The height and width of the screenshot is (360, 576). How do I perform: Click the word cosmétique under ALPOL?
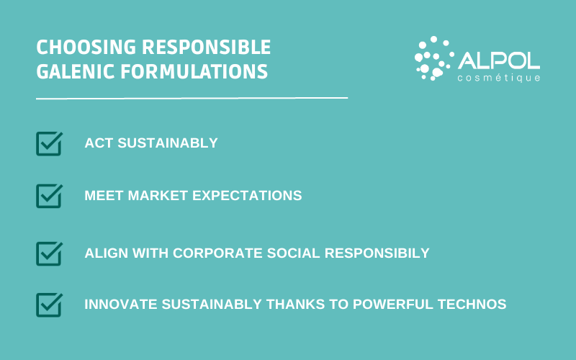[x=500, y=77]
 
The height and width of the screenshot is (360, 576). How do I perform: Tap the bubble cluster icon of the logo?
[x=433, y=57]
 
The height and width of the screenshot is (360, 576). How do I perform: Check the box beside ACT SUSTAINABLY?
[x=49, y=143]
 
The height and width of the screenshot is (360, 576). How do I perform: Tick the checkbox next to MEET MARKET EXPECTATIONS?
[x=49, y=195]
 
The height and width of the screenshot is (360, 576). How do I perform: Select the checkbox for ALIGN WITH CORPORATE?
[x=49, y=253]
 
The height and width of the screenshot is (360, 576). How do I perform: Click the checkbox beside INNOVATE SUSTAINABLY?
[x=49, y=305]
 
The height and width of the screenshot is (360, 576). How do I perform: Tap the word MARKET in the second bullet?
[x=153, y=196]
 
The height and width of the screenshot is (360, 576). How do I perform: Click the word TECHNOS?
[x=475, y=305]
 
